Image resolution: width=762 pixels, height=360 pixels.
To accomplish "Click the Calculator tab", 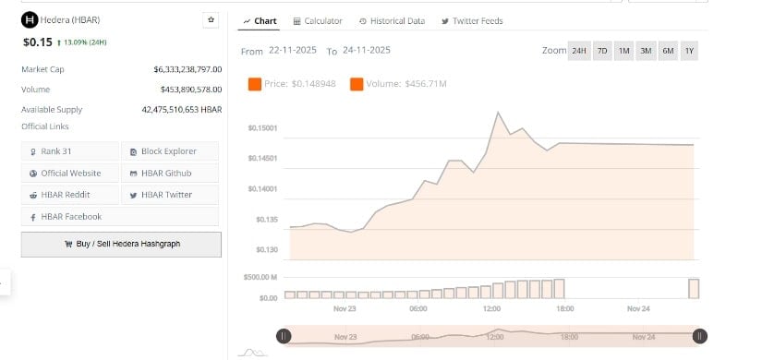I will (317, 21).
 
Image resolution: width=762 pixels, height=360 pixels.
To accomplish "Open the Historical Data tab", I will (392, 21).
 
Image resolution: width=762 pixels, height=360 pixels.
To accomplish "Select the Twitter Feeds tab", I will (472, 21).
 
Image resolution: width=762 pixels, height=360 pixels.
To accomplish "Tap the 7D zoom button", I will (602, 51).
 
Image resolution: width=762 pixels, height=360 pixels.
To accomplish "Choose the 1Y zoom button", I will (689, 51).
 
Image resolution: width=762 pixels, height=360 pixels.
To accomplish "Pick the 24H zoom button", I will (578, 51).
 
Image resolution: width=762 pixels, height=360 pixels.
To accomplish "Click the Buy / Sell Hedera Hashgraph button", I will (121, 244).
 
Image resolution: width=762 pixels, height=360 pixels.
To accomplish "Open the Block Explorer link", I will (170, 151).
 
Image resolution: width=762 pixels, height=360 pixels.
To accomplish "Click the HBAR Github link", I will (170, 174).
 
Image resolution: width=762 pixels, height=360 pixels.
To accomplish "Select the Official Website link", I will (71, 174).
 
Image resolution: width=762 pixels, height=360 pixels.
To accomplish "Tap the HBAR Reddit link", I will (71, 195).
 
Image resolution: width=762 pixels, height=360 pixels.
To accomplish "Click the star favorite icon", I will (211, 19).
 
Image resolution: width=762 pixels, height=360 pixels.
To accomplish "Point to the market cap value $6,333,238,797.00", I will (187, 69).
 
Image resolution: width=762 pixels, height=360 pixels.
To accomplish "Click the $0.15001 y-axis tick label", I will (263, 128).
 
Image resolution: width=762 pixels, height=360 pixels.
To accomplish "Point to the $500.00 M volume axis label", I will (260, 277).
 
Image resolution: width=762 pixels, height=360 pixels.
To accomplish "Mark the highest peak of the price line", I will (499, 113).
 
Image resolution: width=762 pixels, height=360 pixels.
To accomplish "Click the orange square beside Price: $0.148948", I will (254, 85).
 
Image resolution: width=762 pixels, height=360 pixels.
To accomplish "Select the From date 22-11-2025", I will (293, 51).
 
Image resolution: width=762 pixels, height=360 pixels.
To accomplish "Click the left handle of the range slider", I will (284, 337).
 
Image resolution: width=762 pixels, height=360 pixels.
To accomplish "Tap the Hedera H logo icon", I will (30, 19).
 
